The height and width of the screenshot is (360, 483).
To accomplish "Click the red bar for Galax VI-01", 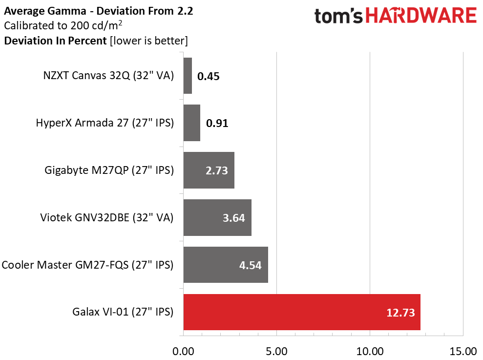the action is tap(302, 312).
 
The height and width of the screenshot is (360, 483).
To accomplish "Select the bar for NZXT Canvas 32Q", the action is tap(188, 76).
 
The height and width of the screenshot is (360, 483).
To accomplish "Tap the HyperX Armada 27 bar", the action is tap(192, 123).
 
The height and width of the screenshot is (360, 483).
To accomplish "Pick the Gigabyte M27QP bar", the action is tap(209, 170).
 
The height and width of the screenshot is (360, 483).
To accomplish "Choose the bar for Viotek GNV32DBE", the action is tap(217, 217).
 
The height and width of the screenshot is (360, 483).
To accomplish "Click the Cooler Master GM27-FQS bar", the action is tap(226, 265).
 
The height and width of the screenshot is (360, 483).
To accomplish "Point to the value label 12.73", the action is tap(400, 313).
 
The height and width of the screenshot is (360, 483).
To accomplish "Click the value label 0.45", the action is tap(208, 76).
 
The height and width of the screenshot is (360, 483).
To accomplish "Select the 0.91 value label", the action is tap(217, 123).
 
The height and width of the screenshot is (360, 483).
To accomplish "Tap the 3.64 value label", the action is tap(234, 218).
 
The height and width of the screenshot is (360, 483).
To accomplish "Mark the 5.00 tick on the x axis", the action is tap(276, 351).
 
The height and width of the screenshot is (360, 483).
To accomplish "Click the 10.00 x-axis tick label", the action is tap(370, 351).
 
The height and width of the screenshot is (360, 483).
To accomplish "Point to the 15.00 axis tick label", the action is tap(463, 351).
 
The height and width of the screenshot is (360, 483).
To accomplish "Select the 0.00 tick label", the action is tap(183, 351).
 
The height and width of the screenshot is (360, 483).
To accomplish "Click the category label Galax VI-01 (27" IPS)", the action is tap(123, 312).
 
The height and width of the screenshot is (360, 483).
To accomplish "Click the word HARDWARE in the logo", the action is tap(421, 16).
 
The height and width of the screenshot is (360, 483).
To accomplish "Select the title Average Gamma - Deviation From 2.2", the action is tap(99, 11).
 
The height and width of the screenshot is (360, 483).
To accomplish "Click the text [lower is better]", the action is tap(149, 41).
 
